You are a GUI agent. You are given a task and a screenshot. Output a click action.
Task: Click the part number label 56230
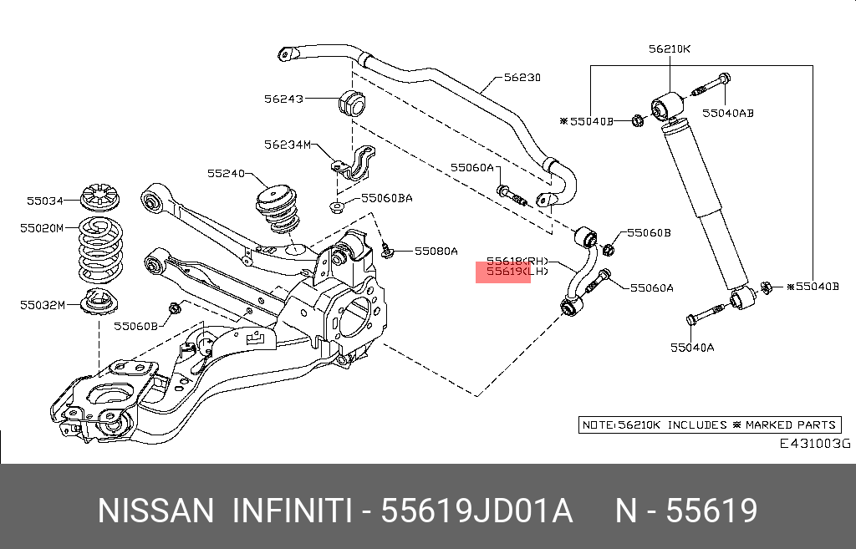pos(522,78)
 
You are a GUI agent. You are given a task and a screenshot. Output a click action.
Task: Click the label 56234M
pos(287,145)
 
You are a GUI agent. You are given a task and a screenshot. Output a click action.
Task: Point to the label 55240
pos(226,174)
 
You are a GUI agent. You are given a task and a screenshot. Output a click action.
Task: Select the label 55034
pos(44,201)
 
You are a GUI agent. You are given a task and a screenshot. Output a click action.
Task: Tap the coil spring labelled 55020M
pos(99,250)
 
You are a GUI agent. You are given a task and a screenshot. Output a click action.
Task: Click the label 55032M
pos(43,305)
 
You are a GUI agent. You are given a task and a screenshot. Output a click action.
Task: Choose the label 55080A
pos(436,251)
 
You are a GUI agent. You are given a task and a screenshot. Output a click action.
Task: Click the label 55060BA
pos(387,199)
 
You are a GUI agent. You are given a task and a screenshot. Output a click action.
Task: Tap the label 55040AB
pos(727,113)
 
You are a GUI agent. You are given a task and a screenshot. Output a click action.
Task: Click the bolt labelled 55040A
pos(705,318)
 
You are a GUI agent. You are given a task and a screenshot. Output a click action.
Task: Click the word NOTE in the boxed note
pos(599,425)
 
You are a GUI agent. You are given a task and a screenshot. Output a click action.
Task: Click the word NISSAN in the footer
pos(155,511)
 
